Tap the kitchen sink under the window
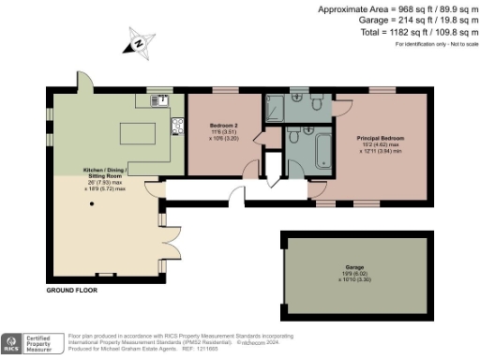pyautogui.click(x=161, y=99)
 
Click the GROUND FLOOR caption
pyautogui.click(x=71, y=290)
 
